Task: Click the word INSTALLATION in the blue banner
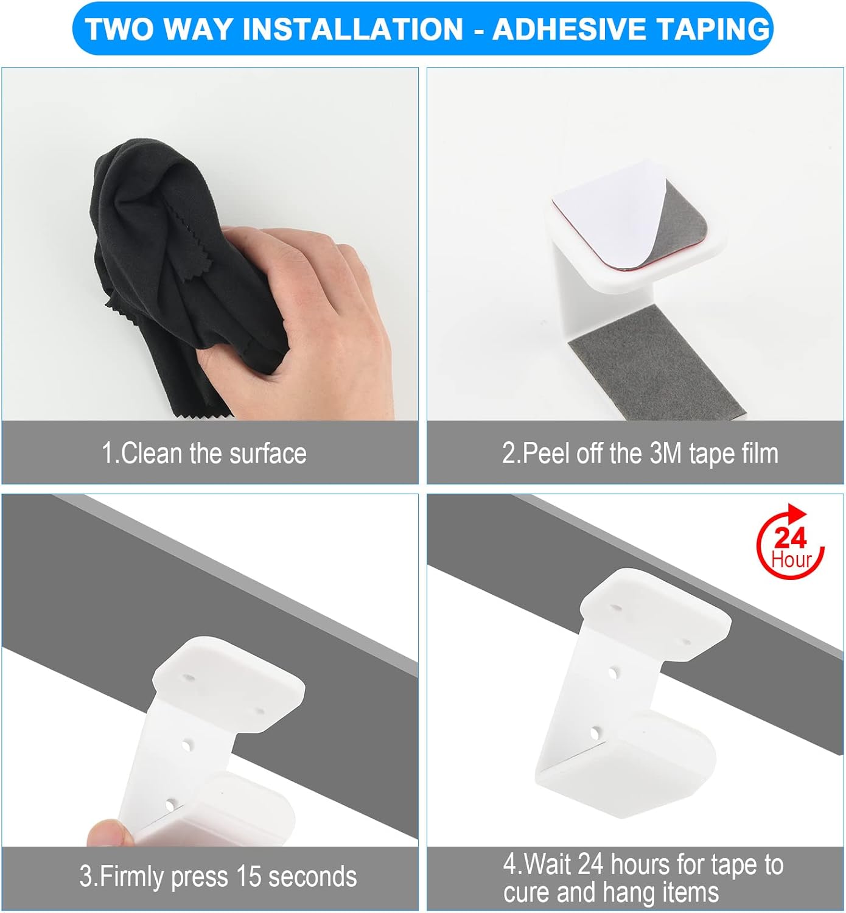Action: pos(352,29)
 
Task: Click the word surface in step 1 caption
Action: pos(268,453)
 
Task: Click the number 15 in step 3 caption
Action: pos(248,876)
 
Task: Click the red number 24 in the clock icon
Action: pos(790,538)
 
